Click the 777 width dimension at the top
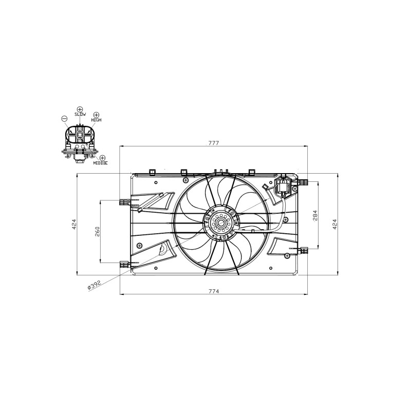coord(213,143)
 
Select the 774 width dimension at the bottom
coord(214,291)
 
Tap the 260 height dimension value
coord(97,232)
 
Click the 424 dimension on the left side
coord(74,225)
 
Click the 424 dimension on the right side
coord(334,225)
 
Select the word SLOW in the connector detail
coord(80,114)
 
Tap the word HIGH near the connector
coord(96,120)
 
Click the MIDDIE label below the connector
coord(100,163)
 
